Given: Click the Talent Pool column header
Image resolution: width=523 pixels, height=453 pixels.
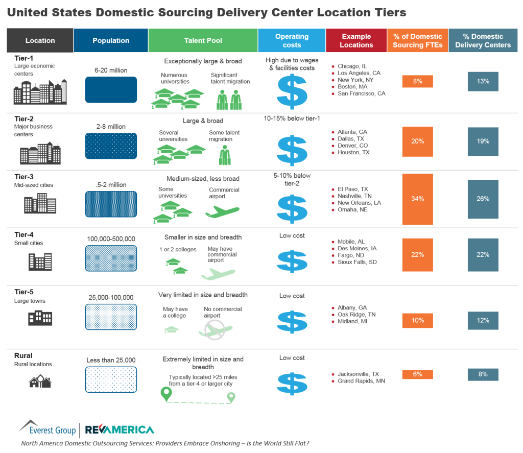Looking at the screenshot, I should pyautogui.click(x=203, y=40).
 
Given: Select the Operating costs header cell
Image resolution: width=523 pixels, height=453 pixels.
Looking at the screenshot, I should pyautogui.click(x=292, y=40).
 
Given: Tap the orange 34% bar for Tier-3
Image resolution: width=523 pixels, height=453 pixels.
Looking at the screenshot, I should pyautogui.click(x=418, y=199).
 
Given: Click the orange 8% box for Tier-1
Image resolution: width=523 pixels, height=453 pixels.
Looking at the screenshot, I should pyautogui.click(x=418, y=81).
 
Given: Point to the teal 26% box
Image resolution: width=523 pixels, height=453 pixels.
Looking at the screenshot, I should pyautogui.click(x=483, y=199).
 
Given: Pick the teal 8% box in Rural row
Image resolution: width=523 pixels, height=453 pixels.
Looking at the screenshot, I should pyautogui.click(x=483, y=374).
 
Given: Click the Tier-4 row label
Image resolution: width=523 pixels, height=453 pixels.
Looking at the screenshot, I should pyautogui.click(x=24, y=235).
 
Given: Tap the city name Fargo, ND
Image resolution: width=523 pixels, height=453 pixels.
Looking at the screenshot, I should pyautogui.click(x=351, y=255).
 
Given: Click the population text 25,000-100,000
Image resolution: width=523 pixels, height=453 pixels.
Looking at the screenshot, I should pyautogui.click(x=111, y=297).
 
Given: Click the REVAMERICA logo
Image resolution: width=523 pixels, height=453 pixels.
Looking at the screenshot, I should pyautogui.click(x=119, y=430).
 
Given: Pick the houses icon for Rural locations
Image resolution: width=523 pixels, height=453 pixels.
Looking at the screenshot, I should pyautogui.click(x=40, y=381).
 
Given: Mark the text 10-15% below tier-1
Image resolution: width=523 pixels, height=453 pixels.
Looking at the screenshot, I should pyautogui.click(x=292, y=118).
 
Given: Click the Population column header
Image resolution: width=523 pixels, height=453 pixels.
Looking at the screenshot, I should pyautogui.click(x=111, y=40).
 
